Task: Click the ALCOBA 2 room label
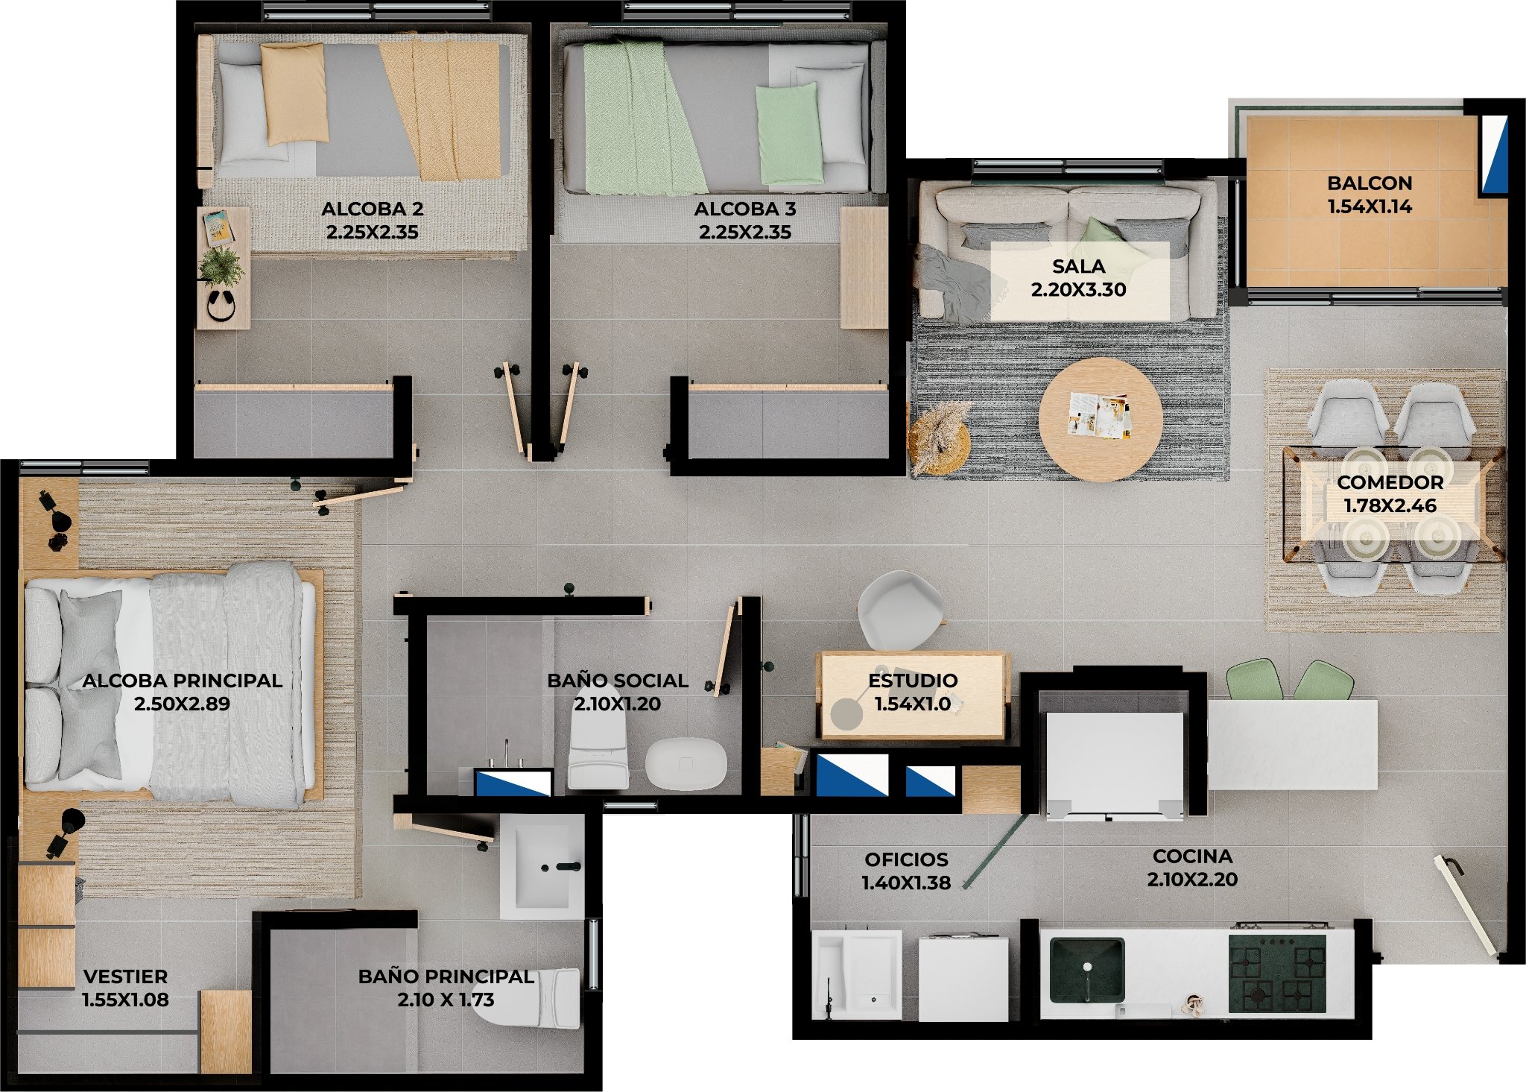pos(372,209)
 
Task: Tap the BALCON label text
pos(1370,183)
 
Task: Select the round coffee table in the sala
pos(1101,419)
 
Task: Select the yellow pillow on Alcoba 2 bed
pos(294,93)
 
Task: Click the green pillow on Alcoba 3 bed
pos(790,134)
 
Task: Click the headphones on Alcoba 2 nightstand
pos(221,306)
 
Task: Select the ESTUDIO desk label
pos(913,681)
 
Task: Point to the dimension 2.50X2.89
pos(182,704)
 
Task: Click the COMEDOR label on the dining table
pos(1390,482)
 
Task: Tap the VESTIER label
pos(125,976)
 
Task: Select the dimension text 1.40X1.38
pos(906,883)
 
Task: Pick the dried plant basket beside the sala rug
pos(939,440)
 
